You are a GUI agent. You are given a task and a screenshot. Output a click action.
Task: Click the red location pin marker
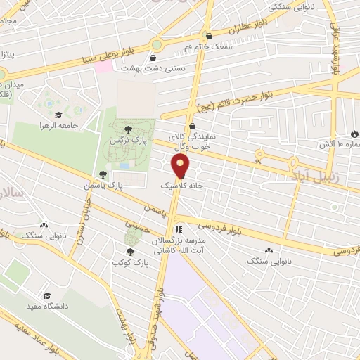point(181,166)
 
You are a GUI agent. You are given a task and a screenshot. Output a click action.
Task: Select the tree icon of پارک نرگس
point(128,129)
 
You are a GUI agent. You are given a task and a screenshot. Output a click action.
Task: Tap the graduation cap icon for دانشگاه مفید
point(47,296)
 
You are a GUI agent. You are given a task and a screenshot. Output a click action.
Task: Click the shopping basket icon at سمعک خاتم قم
point(208,36)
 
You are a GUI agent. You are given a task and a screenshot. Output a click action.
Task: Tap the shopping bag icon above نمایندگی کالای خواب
point(193,127)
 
